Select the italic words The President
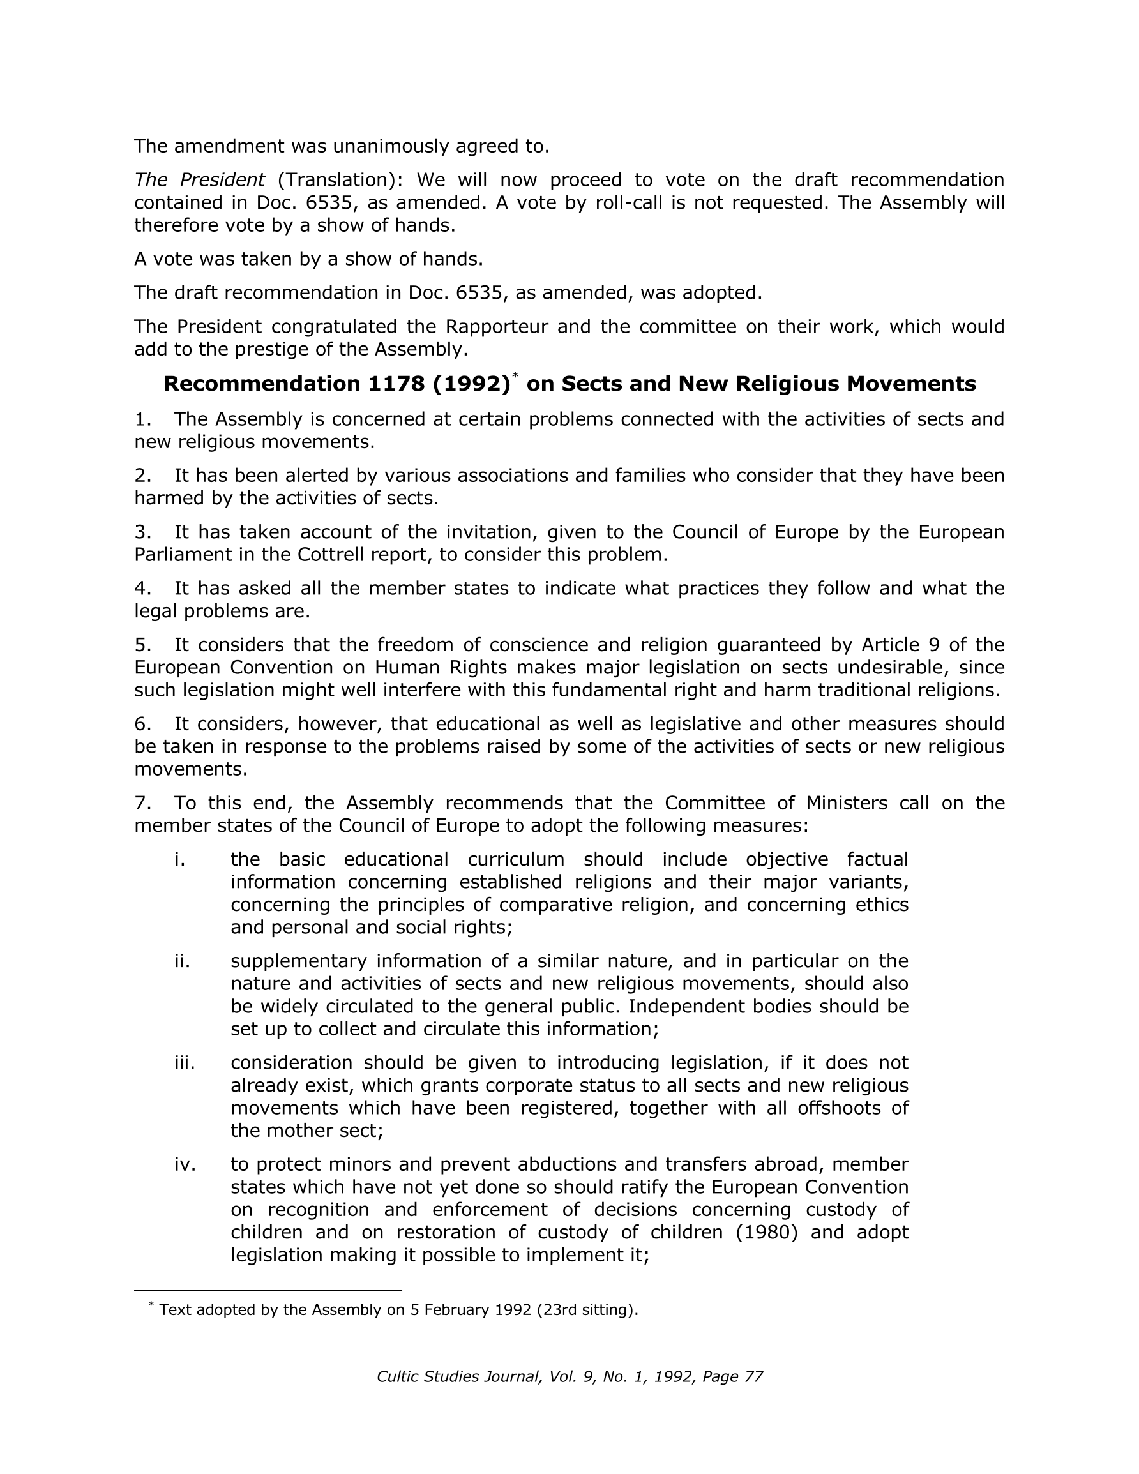point(199,180)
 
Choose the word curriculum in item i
point(516,860)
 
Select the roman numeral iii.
point(185,1063)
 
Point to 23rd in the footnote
point(554,1310)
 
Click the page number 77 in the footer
point(753,1377)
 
